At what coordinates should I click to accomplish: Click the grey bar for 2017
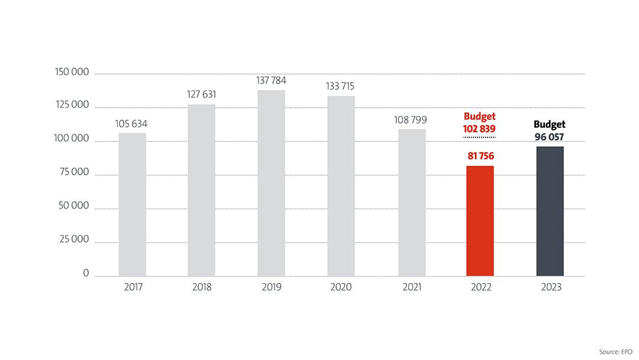(x=132, y=204)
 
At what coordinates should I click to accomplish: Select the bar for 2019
(x=271, y=183)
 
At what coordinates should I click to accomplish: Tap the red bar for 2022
(x=480, y=221)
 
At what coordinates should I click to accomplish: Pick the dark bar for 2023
(x=550, y=211)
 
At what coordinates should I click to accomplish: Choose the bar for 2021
(x=411, y=202)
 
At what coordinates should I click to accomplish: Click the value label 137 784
(x=272, y=80)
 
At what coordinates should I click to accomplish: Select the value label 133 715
(x=341, y=86)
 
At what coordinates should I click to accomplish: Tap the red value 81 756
(x=480, y=156)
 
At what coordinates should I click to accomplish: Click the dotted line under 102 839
(x=480, y=137)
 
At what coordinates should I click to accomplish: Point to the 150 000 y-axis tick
(x=72, y=72)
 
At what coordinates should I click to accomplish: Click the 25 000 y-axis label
(x=74, y=240)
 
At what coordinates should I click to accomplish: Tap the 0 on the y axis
(x=86, y=274)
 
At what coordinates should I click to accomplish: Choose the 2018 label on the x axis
(x=202, y=288)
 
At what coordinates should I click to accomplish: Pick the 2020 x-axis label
(x=341, y=288)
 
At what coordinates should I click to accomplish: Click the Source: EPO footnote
(x=615, y=352)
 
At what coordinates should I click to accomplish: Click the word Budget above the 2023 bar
(x=550, y=124)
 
